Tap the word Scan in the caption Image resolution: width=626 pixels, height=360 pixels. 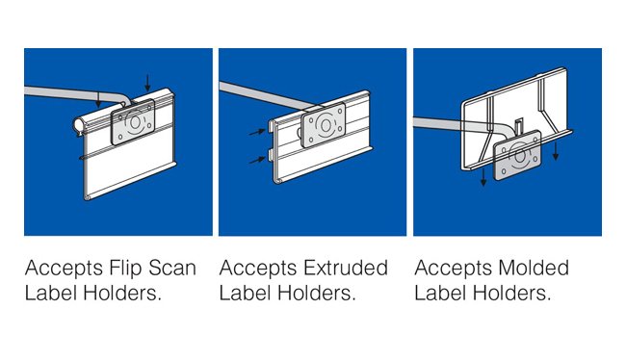click(x=172, y=268)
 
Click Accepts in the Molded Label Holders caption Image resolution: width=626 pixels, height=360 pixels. click(x=454, y=270)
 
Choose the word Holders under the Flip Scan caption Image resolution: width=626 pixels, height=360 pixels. click(x=122, y=294)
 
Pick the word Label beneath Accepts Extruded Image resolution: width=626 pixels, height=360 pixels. click(x=245, y=294)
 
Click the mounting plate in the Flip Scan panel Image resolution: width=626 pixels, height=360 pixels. click(x=133, y=121)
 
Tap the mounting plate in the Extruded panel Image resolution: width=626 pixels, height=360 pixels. click(x=324, y=125)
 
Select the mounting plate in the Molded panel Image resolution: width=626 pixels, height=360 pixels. click(x=518, y=155)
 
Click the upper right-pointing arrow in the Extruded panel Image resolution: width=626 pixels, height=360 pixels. click(x=257, y=132)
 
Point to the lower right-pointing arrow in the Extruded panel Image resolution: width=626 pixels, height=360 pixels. click(x=257, y=161)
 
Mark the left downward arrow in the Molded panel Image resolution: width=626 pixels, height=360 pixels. click(x=483, y=176)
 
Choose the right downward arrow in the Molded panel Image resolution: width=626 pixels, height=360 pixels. click(x=556, y=150)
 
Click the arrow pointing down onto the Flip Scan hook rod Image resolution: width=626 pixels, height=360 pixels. click(x=98, y=99)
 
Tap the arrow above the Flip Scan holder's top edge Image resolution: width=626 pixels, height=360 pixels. click(x=147, y=83)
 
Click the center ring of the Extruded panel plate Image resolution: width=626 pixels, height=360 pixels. click(x=325, y=126)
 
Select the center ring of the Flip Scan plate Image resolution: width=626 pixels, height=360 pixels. click(x=135, y=122)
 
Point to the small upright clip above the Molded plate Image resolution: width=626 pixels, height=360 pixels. click(x=518, y=126)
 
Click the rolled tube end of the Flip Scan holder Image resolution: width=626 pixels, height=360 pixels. click(x=79, y=125)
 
